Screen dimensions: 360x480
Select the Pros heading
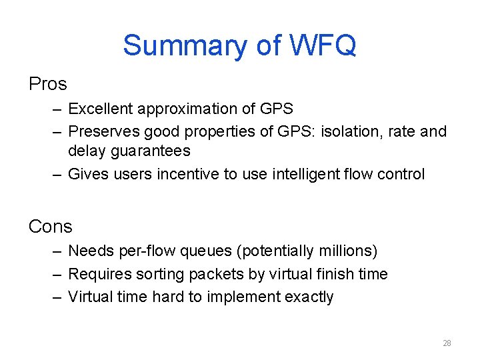tap(48, 84)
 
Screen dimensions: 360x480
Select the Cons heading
tap(50, 227)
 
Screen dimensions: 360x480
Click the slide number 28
tap(447, 343)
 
